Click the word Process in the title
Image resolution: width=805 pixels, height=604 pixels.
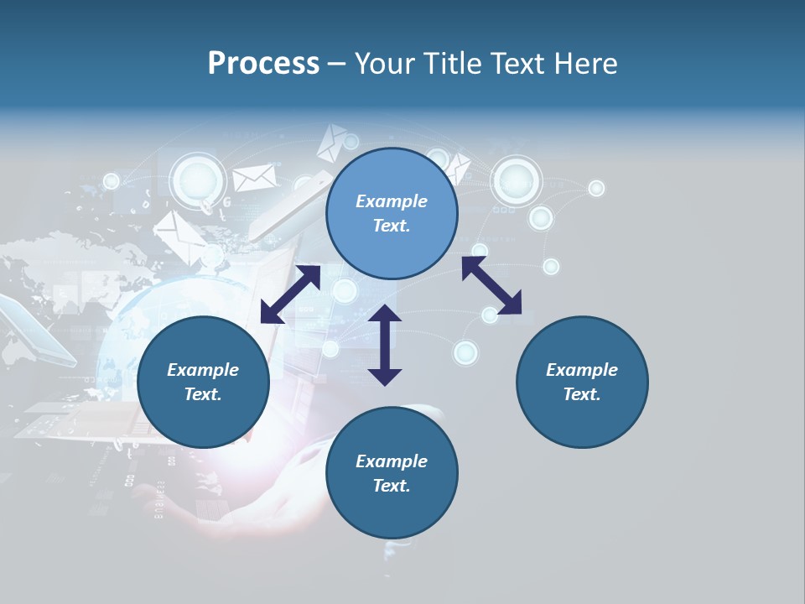point(263,64)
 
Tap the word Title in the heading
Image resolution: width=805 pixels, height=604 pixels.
point(453,64)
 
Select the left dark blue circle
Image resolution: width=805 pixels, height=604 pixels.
point(203,382)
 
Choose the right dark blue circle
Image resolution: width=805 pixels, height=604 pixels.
point(582,382)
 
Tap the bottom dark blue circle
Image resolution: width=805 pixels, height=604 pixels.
point(392,472)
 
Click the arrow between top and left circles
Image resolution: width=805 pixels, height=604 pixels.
point(290,294)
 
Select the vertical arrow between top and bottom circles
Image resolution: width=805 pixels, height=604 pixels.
point(385,345)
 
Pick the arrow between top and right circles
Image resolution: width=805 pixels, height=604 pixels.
point(491,286)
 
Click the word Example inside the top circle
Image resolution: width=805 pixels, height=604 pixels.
point(392,201)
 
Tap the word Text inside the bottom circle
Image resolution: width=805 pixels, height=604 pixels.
point(392,486)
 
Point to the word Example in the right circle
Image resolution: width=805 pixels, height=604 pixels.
point(582,370)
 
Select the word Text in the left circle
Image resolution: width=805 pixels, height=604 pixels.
point(203,394)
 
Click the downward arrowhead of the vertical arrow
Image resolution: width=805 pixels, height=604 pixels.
point(385,376)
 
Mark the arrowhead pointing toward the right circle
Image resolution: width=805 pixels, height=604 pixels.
point(511,305)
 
